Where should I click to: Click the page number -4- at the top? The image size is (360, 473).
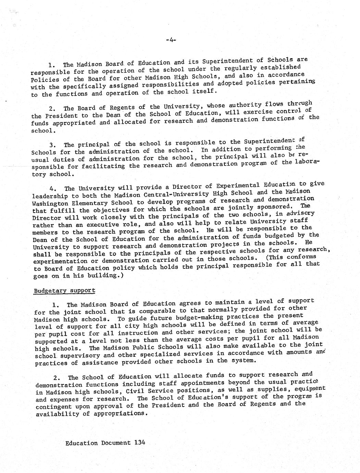[171, 40]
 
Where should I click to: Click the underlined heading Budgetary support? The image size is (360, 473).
[64, 291]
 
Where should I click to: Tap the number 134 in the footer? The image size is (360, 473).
[140, 442]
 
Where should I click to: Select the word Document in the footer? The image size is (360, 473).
[116, 442]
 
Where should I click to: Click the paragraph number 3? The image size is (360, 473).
[52, 145]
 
